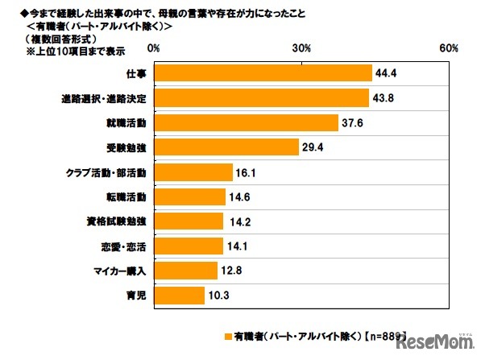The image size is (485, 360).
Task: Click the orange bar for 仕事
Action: click(262, 73)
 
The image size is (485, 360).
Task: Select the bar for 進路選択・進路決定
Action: click(260, 98)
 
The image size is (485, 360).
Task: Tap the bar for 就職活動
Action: click(245, 123)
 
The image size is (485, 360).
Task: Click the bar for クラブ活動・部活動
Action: click(193, 172)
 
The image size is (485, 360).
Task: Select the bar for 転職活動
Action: click(189, 197)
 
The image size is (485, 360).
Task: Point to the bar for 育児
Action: click(178, 296)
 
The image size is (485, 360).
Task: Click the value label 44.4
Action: click(385, 73)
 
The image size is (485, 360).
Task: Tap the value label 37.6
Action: click(352, 123)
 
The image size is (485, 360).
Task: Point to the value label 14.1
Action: click(237, 246)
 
